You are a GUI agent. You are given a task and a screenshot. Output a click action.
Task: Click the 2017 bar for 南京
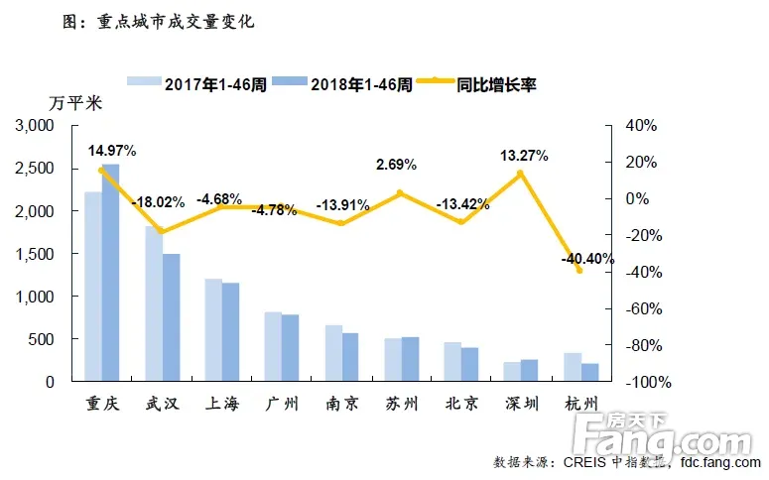pos(333,353)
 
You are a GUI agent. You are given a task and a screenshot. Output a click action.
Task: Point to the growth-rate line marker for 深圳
pos(520,174)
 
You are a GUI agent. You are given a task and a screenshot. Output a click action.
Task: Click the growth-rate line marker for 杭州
pos(579,271)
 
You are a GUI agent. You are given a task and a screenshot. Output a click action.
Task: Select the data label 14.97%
pos(111,151)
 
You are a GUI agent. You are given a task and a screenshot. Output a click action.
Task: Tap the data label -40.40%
pos(586,259)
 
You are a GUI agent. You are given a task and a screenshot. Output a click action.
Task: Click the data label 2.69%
pos(396,164)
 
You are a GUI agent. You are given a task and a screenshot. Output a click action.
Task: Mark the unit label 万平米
pos(74,103)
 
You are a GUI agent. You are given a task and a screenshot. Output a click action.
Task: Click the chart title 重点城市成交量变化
pos(159,21)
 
